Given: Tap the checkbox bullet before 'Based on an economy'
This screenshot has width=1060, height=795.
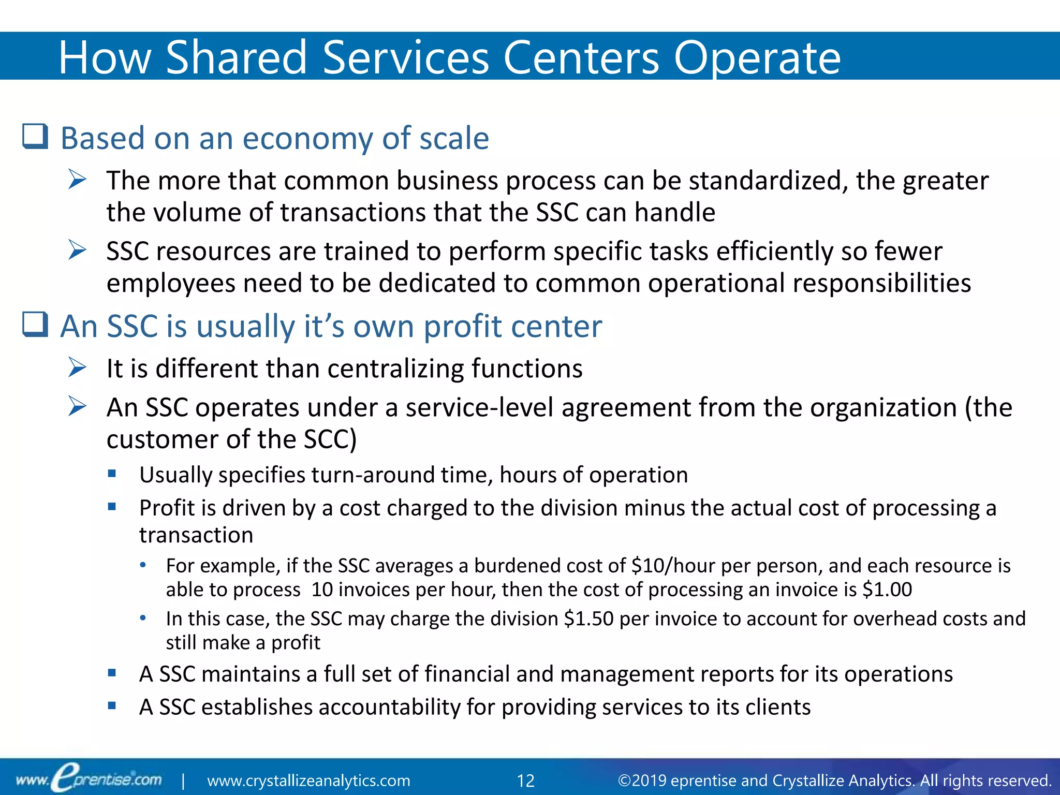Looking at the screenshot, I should point(35,137).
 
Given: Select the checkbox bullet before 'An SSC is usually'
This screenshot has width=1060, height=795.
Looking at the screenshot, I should point(35,325).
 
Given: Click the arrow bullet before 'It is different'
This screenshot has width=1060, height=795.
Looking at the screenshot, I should point(78,368).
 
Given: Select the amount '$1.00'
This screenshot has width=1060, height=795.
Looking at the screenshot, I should point(887,590).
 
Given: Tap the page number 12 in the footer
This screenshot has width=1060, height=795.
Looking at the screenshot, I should point(525,781).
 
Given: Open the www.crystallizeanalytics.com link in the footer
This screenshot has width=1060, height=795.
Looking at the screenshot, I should point(308,781).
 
